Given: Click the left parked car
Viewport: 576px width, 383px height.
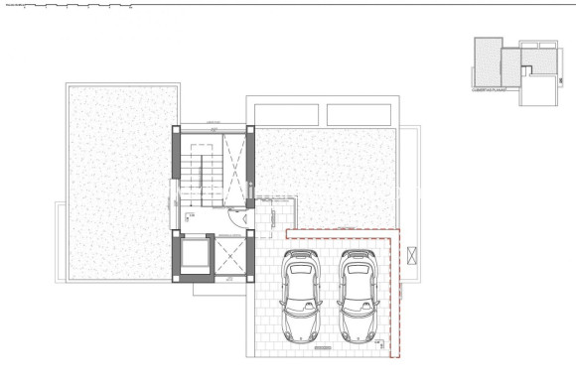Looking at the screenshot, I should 299,297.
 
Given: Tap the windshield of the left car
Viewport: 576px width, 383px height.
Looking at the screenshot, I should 299,284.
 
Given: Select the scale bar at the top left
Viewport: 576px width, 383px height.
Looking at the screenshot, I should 70,6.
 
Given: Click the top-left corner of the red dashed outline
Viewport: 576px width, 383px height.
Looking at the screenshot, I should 287,231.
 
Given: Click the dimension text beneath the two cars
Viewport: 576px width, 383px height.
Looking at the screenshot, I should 320,349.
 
